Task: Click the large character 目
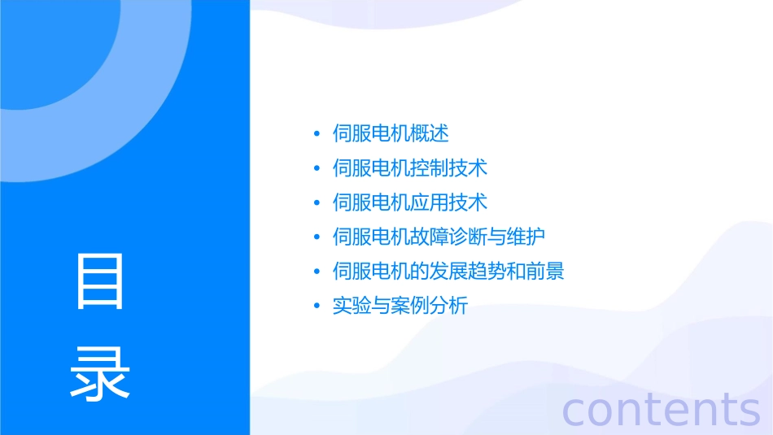click(x=100, y=281)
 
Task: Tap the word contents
click(x=662, y=409)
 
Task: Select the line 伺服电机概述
click(x=391, y=133)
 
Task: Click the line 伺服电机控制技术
click(x=410, y=168)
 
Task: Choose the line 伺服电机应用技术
click(x=410, y=202)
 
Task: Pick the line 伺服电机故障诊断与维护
click(x=439, y=237)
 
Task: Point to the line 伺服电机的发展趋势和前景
click(x=448, y=272)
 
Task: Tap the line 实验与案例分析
click(x=400, y=307)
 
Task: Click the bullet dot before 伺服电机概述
click(x=317, y=134)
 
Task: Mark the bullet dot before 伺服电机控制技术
click(x=317, y=169)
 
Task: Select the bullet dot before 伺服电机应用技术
click(x=317, y=203)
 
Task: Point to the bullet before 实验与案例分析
click(x=317, y=307)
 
